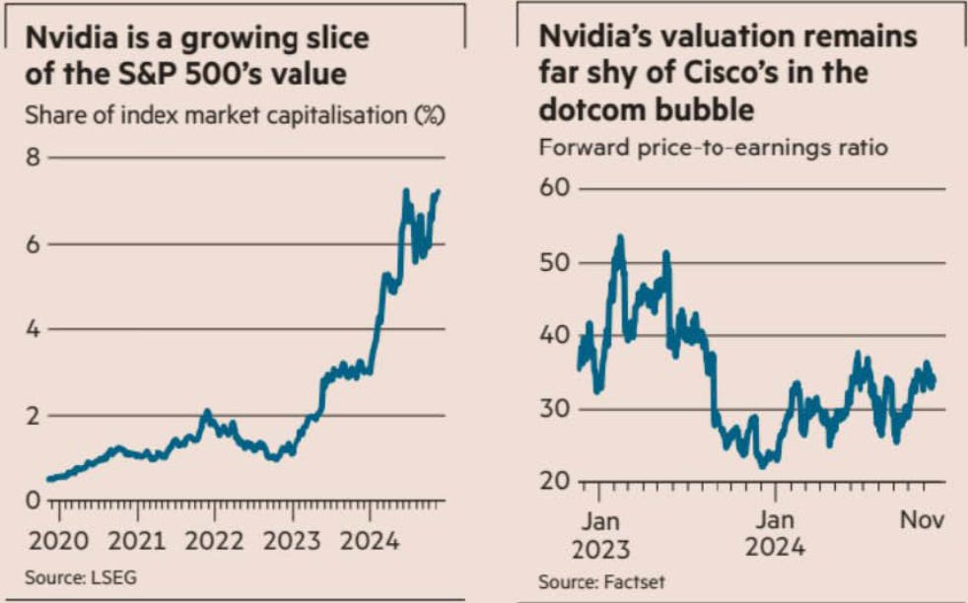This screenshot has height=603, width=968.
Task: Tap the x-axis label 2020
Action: [x=59, y=541]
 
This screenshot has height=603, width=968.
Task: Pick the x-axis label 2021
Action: [x=137, y=541]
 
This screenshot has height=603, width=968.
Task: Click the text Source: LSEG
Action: [x=80, y=577]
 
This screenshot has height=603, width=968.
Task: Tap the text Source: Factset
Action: [x=601, y=581]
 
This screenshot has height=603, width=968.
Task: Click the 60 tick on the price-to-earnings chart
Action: [x=555, y=188]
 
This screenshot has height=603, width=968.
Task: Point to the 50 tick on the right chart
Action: [x=555, y=262]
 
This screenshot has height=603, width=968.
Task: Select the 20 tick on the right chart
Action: [x=555, y=482]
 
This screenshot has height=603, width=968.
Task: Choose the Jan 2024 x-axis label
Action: [x=776, y=533]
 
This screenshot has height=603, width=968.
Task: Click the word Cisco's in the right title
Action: [x=769, y=72]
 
